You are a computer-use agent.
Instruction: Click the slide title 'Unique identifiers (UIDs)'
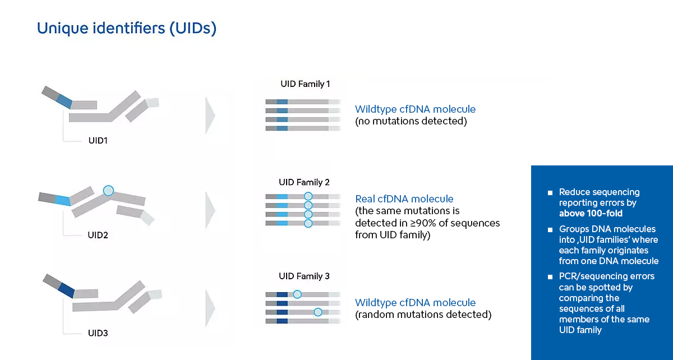127,29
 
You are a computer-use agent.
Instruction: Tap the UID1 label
98,141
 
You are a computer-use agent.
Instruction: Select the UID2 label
98,235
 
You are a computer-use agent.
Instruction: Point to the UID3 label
98,333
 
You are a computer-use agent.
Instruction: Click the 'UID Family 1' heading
305,84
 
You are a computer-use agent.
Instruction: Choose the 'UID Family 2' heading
304,182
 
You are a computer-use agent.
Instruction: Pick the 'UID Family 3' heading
304,276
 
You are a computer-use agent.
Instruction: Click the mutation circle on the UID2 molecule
108,191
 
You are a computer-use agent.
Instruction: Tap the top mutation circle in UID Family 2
308,196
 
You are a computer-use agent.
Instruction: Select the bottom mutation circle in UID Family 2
308,223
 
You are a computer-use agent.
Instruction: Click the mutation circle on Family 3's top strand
297,294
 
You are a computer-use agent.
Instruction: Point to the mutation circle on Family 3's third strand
318,312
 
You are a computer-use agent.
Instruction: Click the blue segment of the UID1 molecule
64,101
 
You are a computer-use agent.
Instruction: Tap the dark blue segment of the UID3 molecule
66,290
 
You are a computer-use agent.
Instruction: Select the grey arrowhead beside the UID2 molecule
210,210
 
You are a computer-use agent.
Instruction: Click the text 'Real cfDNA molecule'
404,199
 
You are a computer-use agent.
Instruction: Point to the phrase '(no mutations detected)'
411,121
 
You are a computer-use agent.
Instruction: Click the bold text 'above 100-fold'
591,213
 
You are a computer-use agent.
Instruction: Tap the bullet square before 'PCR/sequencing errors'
550,277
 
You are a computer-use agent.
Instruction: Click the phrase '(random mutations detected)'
423,315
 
